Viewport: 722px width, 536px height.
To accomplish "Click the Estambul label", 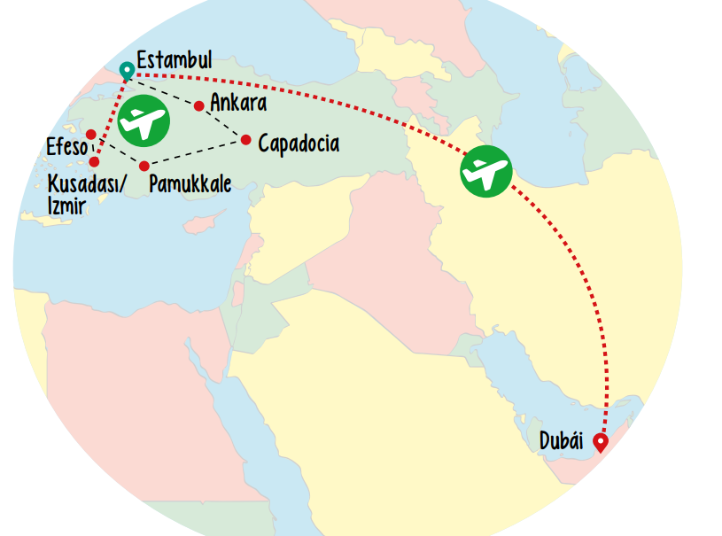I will (x=175, y=60).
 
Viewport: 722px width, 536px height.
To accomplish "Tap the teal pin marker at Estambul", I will (x=127, y=71).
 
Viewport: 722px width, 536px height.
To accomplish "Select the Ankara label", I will (x=238, y=103).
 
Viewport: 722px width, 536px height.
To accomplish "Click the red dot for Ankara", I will (x=199, y=106).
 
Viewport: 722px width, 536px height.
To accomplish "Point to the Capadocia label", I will (x=299, y=142).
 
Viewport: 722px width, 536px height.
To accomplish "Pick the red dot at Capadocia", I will (x=246, y=139).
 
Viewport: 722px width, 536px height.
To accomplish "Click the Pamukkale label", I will (x=190, y=183).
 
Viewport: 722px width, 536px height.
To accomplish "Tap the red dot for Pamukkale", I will (x=144, y=166).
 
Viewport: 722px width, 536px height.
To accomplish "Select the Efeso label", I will (x=66, y=145).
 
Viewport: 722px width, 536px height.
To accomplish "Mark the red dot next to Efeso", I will (x=91, y=135).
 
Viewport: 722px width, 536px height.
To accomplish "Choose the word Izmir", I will (x=66, y=206).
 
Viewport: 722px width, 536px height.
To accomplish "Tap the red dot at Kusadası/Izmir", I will (x=95, y=161).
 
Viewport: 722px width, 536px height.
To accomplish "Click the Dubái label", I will (x=562, y=440).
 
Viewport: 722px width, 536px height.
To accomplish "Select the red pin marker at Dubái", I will (x=602, y=442).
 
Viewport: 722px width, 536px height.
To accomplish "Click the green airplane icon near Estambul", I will (x=144, y=121).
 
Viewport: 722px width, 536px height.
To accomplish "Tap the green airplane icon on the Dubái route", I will (x=486, y=171).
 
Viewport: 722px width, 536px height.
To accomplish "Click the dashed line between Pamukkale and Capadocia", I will (x=195, y=152).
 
